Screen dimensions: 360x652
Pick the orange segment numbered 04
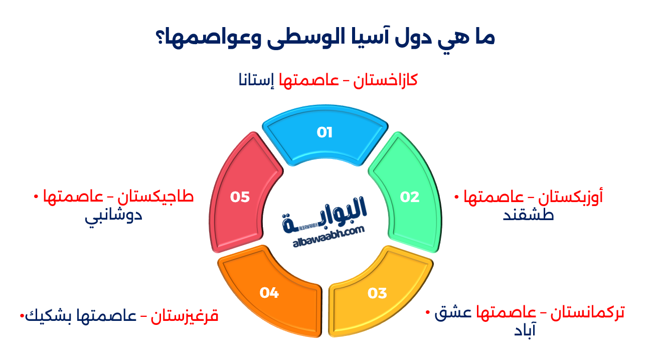click(x=269, y=293)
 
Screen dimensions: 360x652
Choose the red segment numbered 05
click(x=240, y=197)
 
